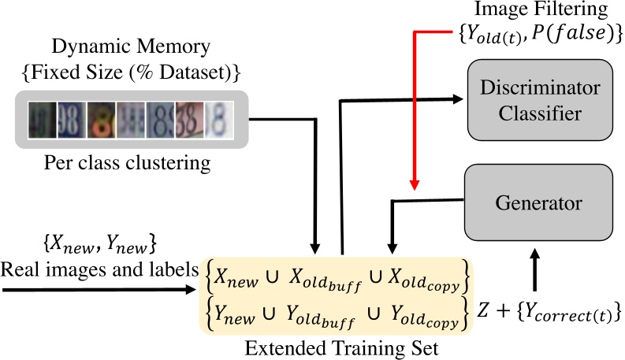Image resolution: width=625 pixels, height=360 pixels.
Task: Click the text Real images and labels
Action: (x=99, y=270)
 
